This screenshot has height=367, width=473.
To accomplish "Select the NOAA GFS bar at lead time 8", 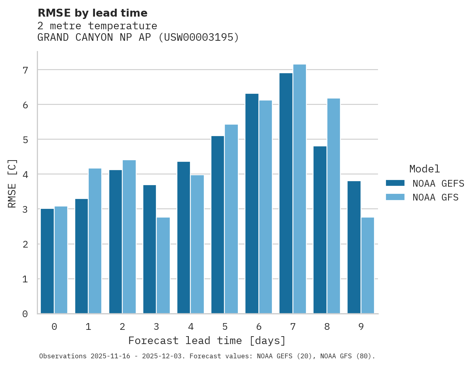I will pyautogui.click(x=333, y=206).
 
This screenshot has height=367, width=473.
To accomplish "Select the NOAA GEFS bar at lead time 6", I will pyautogui.click(x=252, y=203).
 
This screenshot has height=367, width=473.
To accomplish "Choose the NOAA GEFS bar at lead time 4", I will pyautogui.click(x=184, y=237).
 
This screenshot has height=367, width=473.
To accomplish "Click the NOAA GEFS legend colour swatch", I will pyautogui.click(x=395, y=183).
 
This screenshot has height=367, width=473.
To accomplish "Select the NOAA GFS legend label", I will pyautogui.click(x=435, y=197).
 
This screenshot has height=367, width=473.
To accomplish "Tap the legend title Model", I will pyautogui.click(x=424, y=169).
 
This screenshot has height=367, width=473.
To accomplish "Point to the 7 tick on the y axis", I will pyautogui.click(x=25, y=70).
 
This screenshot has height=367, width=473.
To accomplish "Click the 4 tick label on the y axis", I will pyautogui.click(x=25, y=174).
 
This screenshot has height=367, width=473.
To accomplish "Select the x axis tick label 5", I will pyautogui.click(x=225, y=327).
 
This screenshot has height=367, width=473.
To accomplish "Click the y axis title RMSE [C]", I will pyautogui.click(x=13, y=183).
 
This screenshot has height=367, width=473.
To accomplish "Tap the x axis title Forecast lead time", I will pyautogui.click(x=207, y=341).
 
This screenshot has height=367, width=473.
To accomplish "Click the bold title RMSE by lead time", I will pyautogui.click(x=92, y=13).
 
